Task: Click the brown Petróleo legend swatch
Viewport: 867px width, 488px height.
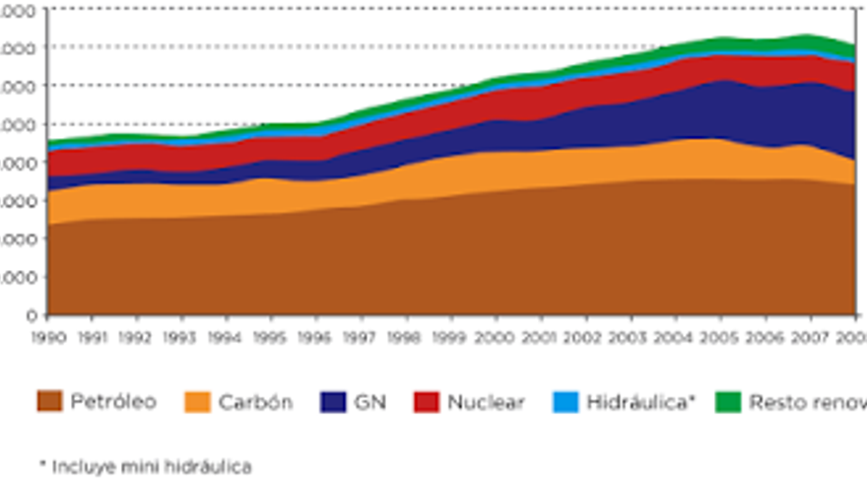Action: click(50, 402)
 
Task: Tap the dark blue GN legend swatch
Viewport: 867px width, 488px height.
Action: click(333, 402)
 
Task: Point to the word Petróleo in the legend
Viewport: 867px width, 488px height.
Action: click(112, 402)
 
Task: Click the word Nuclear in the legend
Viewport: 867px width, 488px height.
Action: click(485, 402)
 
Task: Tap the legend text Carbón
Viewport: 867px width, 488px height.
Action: click(255, 402)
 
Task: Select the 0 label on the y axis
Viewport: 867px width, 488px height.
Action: click(31, 315)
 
